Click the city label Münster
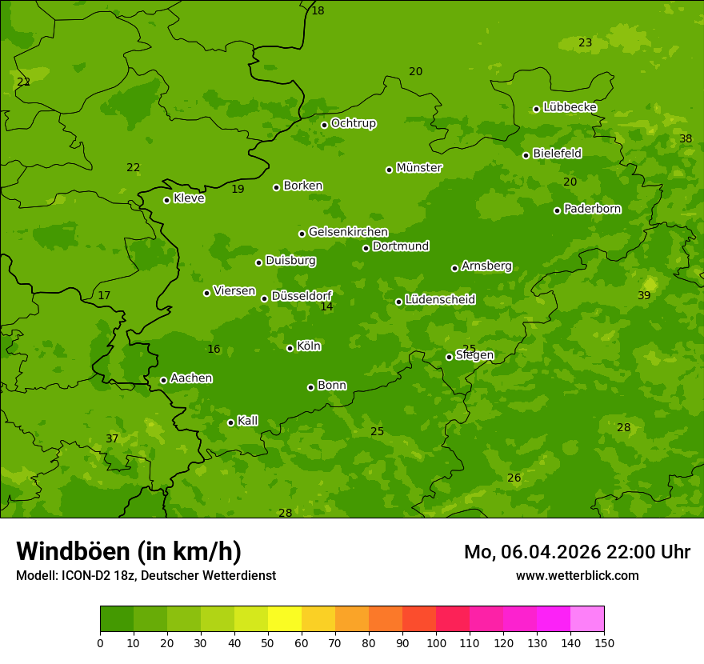point(418,168)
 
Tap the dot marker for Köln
point(290,348)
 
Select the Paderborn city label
point(592,209)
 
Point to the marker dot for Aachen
point(163,380)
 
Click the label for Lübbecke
point(570,107)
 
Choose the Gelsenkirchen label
point(348,232)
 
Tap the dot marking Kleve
point(166,200)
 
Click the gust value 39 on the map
point(644,295)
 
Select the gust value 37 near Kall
point(112,438)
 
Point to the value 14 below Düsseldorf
point(326,306)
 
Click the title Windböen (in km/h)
point(129,551)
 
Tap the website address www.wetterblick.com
point(577,575)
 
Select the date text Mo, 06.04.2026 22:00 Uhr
point(577,552)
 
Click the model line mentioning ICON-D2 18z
point(146,575)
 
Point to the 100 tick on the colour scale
point(436,642)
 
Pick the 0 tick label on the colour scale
point(100,642)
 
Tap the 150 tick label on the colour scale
point(604,642)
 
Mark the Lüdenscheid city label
point(440,300)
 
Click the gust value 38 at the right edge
point(686,138)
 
